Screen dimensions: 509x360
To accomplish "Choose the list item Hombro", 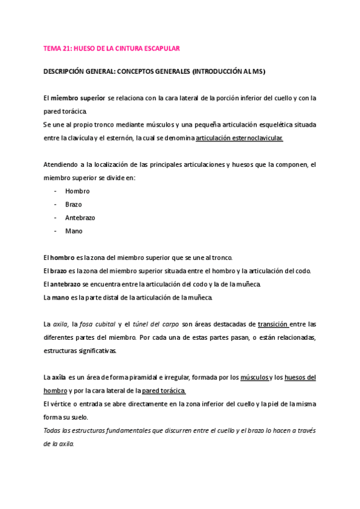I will tap(77, 191).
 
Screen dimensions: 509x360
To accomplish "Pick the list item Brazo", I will tap(74, 204).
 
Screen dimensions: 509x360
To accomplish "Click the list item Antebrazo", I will tap(80, 217).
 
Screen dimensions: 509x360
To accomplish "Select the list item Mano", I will tap(74, 230).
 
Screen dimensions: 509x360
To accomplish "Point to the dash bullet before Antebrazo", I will tap(55, 217).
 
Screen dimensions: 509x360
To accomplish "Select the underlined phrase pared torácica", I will tap(164, 390).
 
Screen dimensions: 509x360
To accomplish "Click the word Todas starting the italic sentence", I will tap(53, 430).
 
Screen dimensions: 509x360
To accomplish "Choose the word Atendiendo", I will tap(62, 164).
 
